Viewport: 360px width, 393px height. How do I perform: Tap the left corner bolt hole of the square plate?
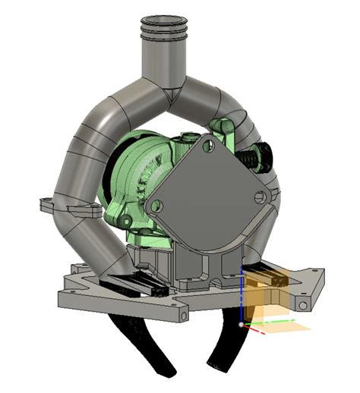point(157,206)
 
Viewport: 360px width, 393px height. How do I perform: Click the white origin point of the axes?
point(242,325)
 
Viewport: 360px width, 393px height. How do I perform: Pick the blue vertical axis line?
point(242,296)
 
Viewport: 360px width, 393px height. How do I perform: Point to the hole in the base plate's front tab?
point(183,312)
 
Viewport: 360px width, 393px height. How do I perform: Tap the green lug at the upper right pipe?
point(225,126)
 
